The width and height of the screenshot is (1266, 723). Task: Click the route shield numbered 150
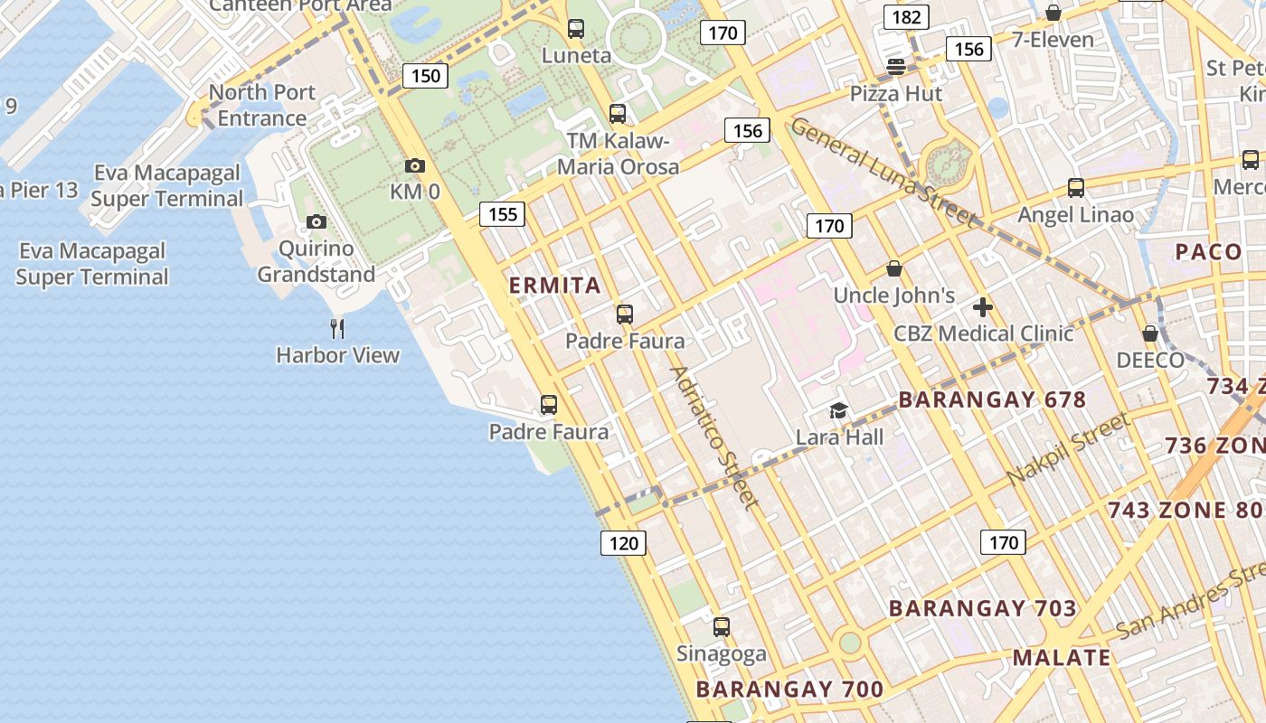coord(426,75)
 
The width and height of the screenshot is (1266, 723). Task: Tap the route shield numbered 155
coord(502,214)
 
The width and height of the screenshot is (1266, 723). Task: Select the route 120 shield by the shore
coord(623,543)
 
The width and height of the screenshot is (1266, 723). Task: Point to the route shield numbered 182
coord(906,17)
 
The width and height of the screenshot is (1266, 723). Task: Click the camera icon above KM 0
coord(415,165)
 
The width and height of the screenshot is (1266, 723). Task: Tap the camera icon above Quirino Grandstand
coord(316,221)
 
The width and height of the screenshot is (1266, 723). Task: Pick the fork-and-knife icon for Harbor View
coord(337,328)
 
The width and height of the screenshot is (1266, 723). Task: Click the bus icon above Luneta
coord(576,29)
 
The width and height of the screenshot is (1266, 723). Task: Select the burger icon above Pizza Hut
coord(896,66)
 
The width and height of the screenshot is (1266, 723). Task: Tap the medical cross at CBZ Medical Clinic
coord(983,307)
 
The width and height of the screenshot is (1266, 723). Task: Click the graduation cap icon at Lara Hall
coord(839,411)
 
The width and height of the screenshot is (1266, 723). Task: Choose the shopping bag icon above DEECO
coord(1150,333)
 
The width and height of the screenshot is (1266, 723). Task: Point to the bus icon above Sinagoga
coord(721,626)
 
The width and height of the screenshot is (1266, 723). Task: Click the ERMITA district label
coord(555,286)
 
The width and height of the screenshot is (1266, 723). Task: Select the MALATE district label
coord(1062,657)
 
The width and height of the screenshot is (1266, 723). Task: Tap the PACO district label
coord(1208,251)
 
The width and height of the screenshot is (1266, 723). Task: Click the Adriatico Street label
coord(713,437)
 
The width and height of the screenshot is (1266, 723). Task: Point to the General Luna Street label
coord(883,172)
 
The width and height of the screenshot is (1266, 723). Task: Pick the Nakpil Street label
coord(1068,448)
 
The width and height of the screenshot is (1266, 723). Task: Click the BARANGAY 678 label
coord(992,399)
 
